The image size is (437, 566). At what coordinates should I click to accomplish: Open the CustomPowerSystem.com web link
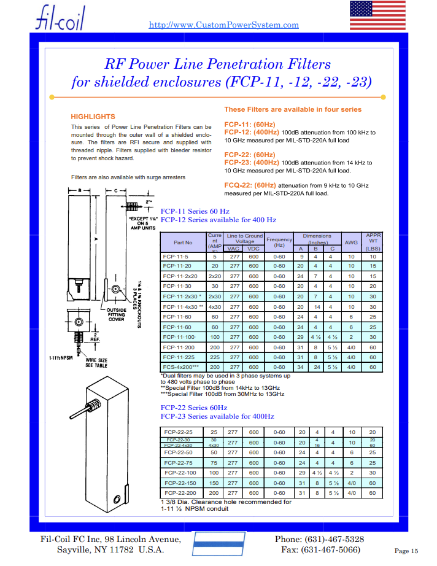[x=224, y=25]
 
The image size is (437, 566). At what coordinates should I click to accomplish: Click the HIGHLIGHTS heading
[x=93, y=117]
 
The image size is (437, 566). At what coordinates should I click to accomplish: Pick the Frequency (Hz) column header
[x=279, y=242]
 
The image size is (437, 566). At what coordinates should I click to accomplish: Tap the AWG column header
[x=351, y=242]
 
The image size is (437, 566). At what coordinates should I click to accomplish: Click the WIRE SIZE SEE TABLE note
[x=97, y=362]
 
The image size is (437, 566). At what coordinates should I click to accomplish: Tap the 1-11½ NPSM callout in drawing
[x=61, y=357]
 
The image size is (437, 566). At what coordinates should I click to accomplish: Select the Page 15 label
[x=406, y=551]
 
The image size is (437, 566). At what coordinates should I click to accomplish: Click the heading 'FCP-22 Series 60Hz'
[x=193, y=408]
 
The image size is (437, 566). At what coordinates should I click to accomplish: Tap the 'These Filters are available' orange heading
[x=293, y=109]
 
